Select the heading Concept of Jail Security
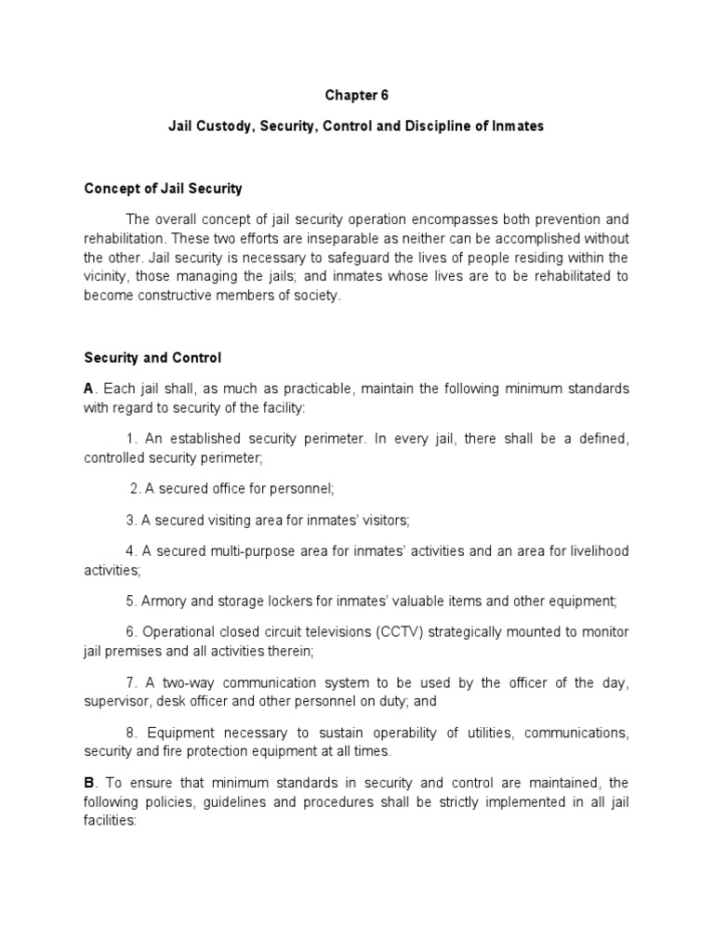(163, 189)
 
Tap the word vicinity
(109, 278)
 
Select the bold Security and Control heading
(152, 357)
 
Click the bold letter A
(89, 388)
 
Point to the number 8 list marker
(128, 734)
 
